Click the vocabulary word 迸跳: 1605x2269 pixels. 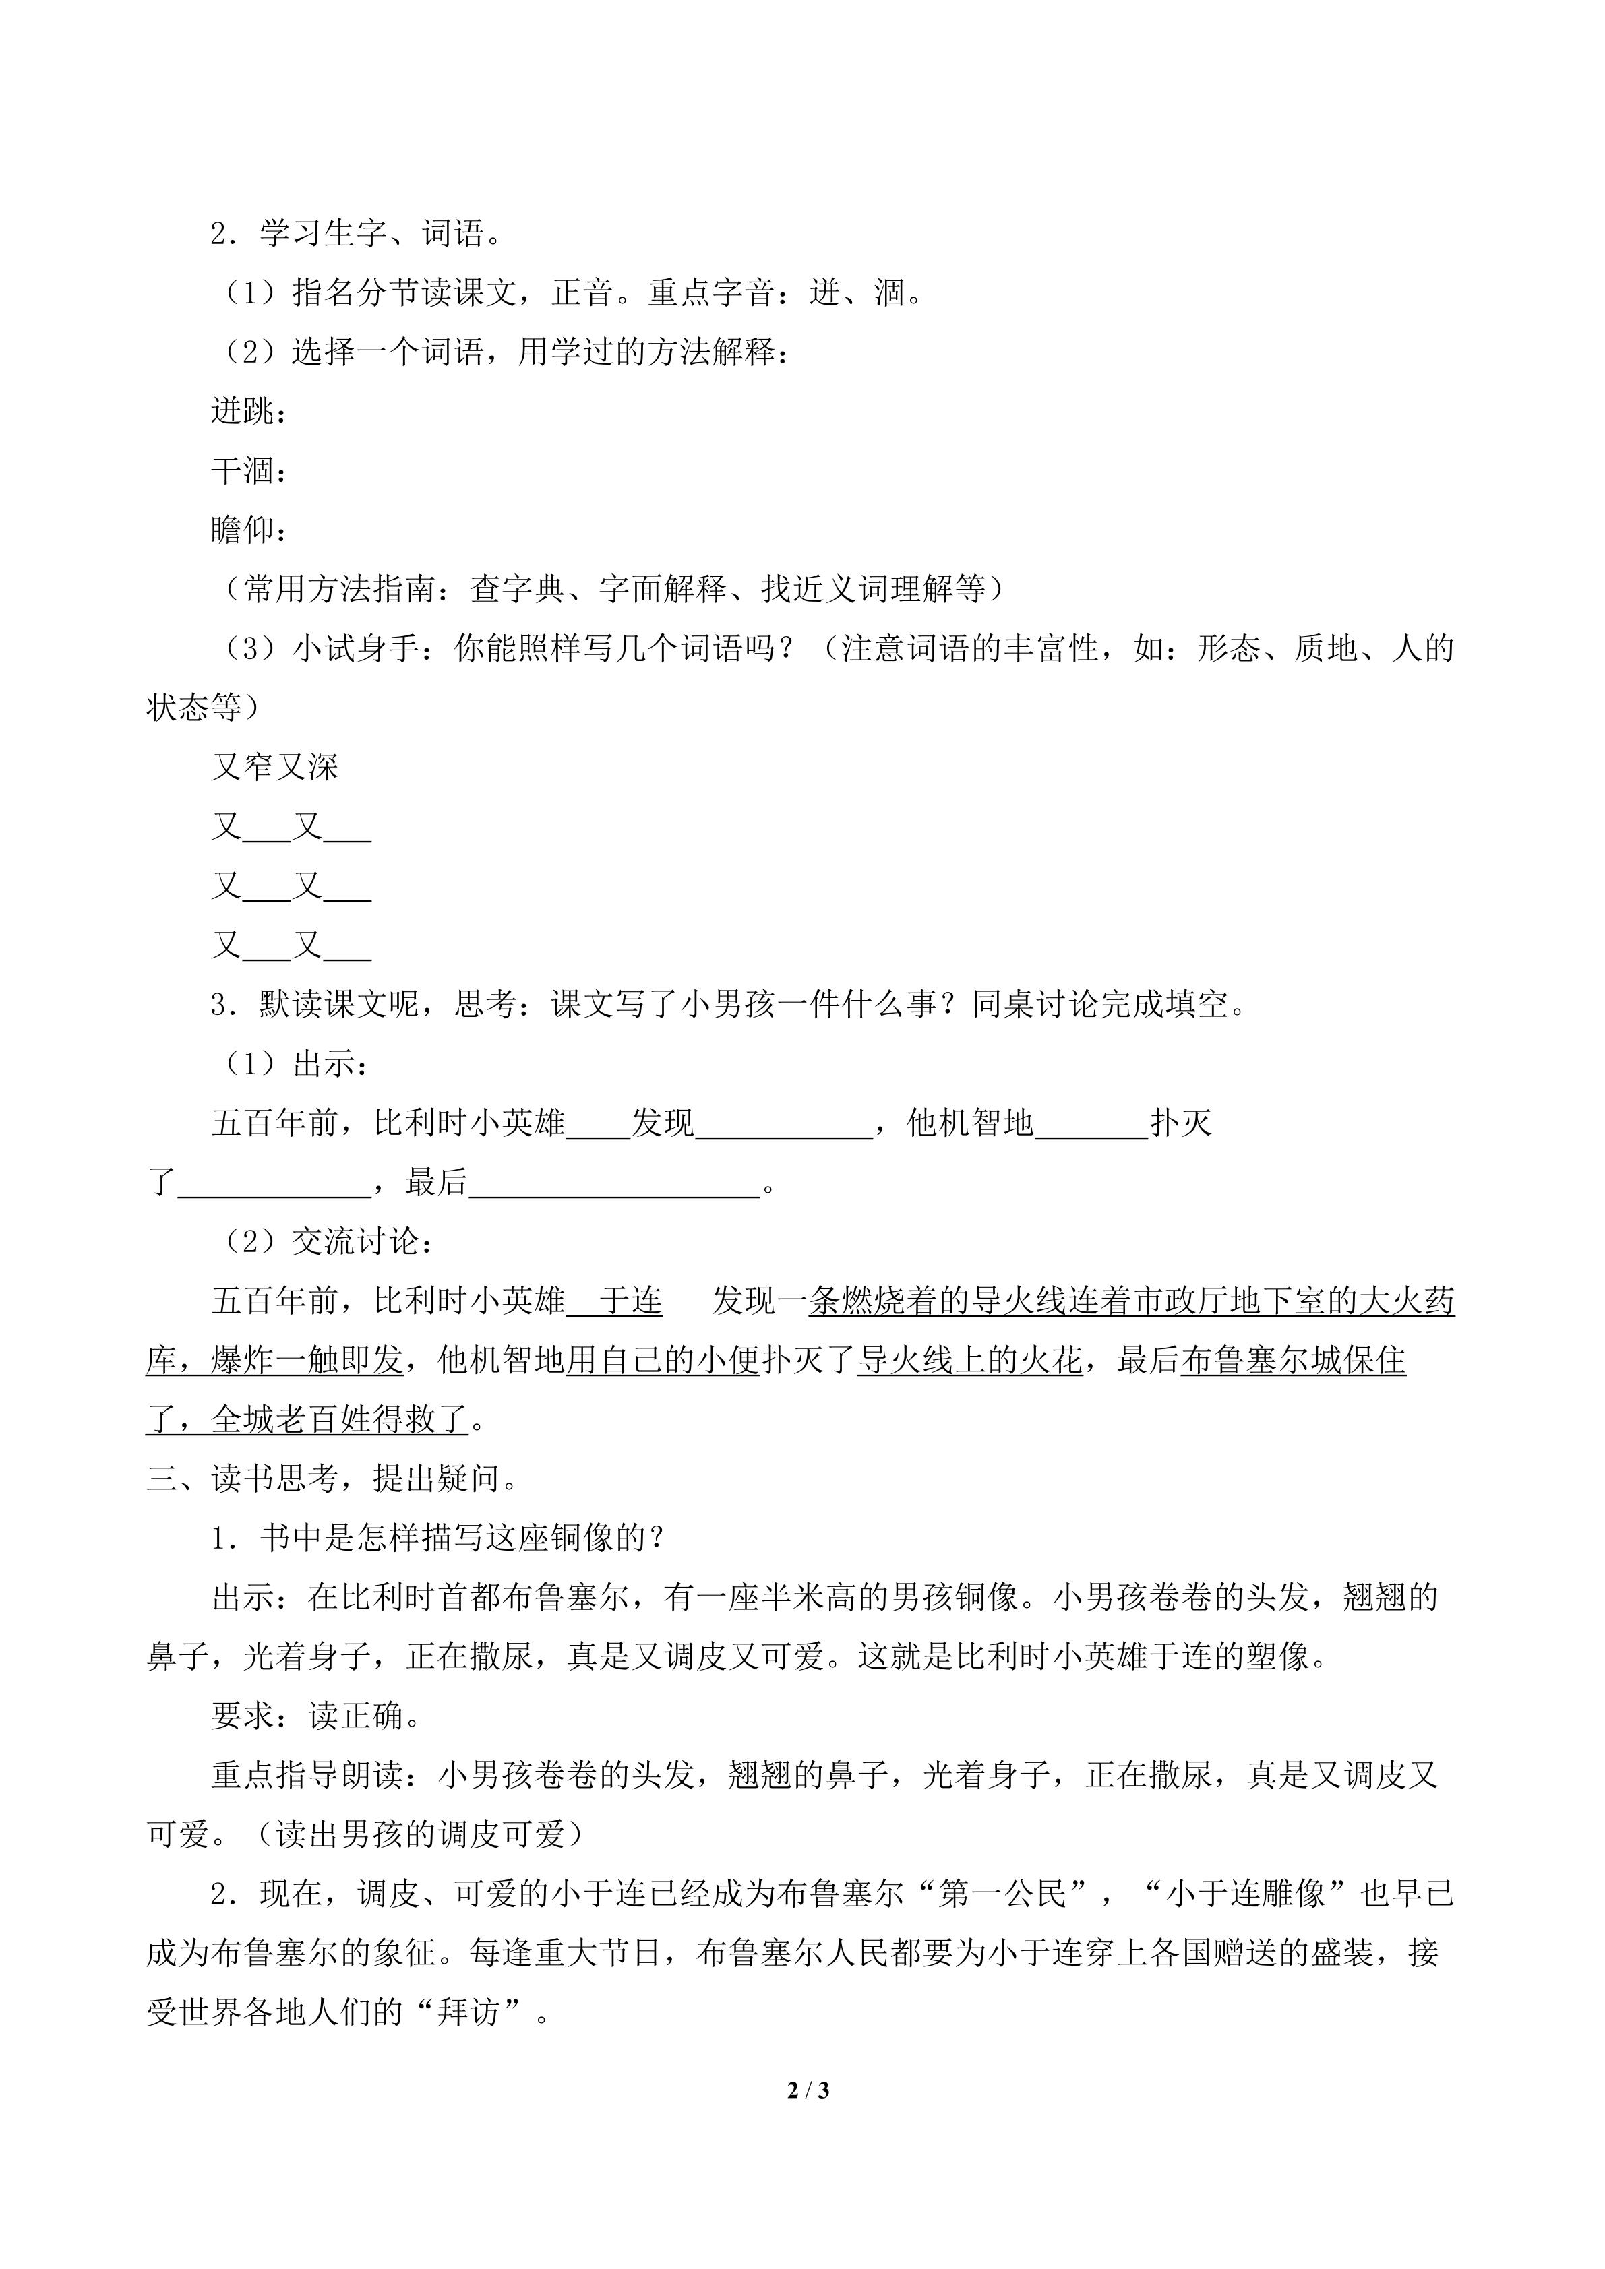[248, 411]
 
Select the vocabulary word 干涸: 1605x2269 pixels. [248, 470]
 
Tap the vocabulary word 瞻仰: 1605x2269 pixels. [248, 530]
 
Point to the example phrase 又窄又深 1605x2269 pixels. [275, 767]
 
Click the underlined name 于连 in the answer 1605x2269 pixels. [630, 1301]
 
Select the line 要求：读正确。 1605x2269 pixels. [316, 1716]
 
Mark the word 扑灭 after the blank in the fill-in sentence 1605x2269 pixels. [1181, 1123]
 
